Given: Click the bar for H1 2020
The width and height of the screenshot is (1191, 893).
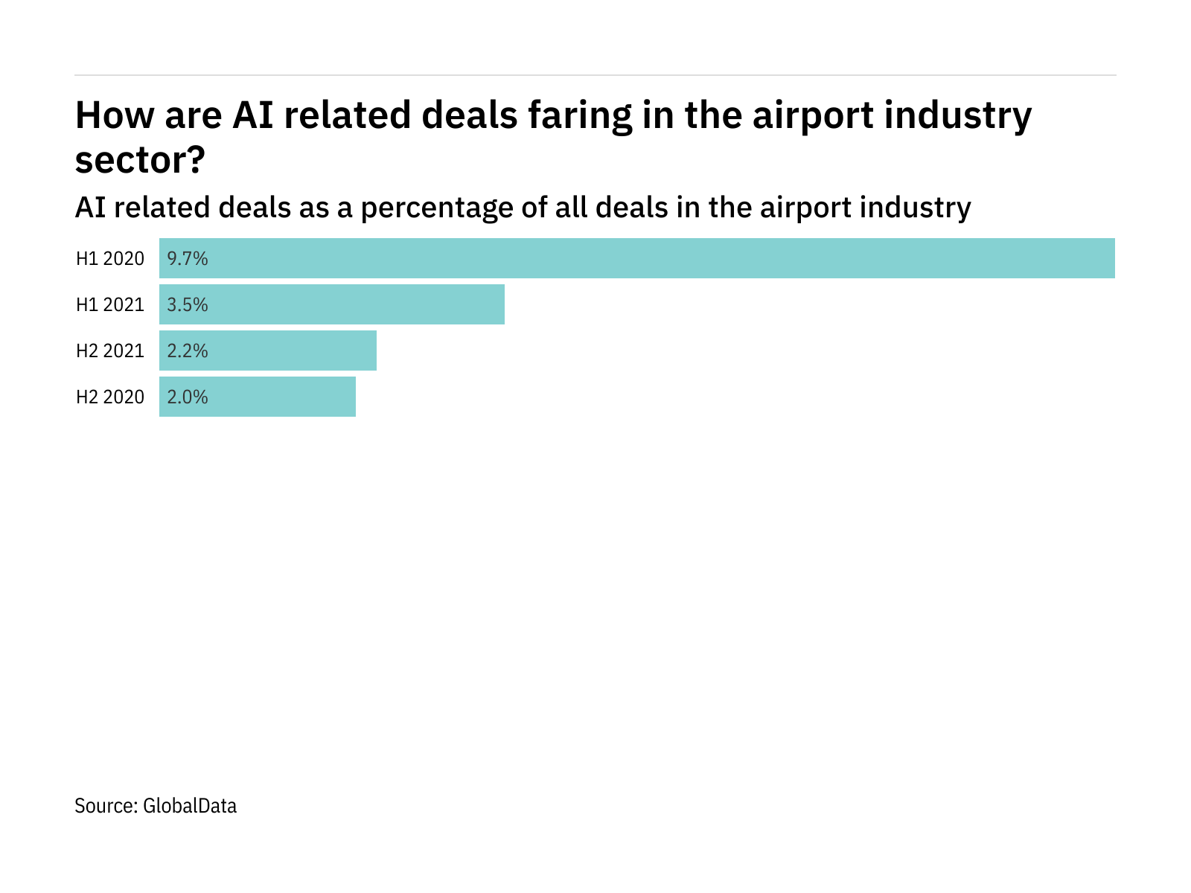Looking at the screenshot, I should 637,258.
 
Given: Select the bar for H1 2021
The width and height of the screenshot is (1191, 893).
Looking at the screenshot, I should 332,304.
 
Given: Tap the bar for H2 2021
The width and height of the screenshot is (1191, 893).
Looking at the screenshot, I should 268,351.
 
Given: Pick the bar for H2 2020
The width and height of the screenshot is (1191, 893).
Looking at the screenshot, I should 258,397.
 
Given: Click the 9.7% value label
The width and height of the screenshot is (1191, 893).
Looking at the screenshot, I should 188,259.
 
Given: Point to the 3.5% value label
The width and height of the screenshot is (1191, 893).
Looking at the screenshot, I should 188,305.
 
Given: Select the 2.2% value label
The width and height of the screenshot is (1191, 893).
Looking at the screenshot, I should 188,351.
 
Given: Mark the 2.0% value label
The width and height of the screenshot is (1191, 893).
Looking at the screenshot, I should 188,397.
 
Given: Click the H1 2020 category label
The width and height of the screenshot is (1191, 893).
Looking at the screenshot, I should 110,259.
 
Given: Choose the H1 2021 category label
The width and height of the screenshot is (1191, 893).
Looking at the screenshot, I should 110,305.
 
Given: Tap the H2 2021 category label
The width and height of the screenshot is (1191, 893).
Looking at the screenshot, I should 110,351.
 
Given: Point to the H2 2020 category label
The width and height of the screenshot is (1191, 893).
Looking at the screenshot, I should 110,397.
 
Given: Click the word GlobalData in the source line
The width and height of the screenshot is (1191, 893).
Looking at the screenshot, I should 190,806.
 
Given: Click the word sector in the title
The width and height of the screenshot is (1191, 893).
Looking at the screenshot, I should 132,161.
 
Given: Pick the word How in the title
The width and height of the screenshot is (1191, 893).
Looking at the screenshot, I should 109,116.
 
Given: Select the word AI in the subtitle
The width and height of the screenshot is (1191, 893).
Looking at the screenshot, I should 89,208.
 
